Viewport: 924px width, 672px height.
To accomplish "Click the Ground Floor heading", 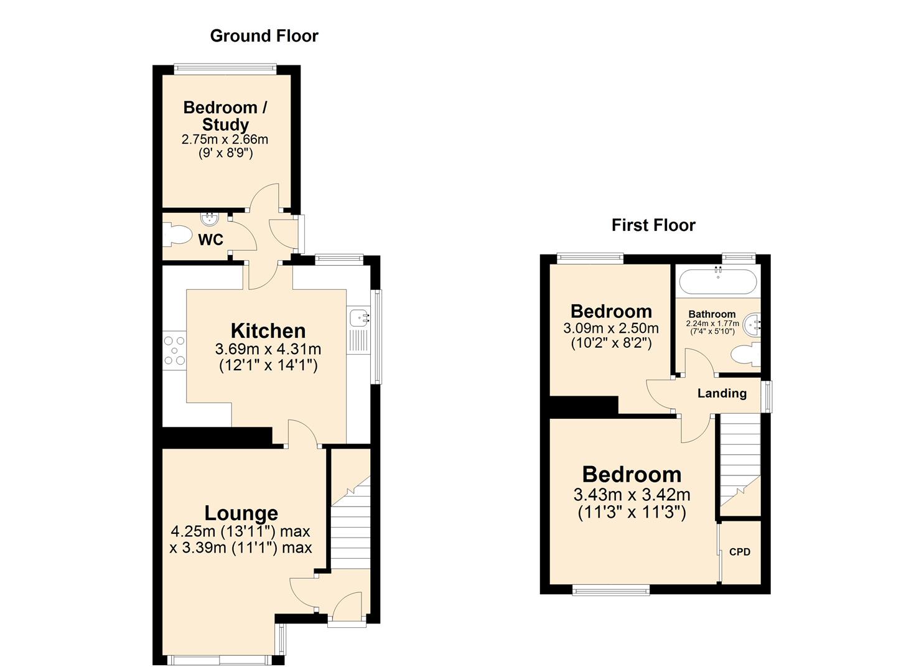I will coord(264,36).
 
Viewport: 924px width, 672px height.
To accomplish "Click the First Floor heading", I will coord(653,225).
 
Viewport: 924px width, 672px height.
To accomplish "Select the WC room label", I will coord(210,240).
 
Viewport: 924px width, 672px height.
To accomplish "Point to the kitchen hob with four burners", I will coord(174,350).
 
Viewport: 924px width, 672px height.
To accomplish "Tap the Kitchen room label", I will coord(268,330).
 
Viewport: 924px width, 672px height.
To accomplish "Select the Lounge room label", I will coord(241,513).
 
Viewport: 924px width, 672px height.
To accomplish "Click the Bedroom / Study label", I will coord(225,116).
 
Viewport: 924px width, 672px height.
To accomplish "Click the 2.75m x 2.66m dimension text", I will coord(225,139).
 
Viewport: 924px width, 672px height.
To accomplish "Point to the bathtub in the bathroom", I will coord(717,282).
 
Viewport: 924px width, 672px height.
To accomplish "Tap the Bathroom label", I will coord(712,314).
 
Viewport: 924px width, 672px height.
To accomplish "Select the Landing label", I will coord(722,393).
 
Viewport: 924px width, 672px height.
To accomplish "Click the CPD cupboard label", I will coord(739,552).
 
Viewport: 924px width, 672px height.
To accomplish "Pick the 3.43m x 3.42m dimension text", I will coord(632,495).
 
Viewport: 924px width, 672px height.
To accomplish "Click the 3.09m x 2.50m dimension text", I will coord(611,329).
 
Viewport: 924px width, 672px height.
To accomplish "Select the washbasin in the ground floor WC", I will coord(210,218).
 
